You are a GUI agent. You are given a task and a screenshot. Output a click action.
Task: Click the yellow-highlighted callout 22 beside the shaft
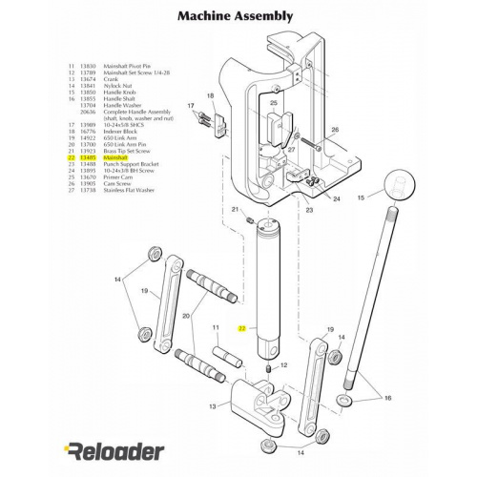coord(242,327)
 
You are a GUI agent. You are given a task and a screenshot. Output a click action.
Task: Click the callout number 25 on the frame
coord(273,103)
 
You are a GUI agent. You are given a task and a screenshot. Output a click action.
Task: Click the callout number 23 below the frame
coord(308,209)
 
